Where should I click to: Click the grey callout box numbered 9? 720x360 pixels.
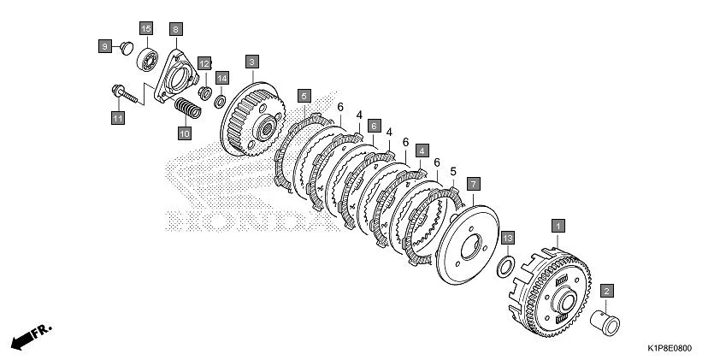(x=105, y=46)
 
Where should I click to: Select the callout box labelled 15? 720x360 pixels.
(x=146, y=29)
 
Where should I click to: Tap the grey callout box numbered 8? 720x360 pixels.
(x=176, y=29)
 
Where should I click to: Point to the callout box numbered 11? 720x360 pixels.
(x=118, y=118)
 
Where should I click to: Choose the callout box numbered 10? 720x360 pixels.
(x=185, y=133)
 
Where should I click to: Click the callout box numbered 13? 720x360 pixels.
(x=507, y=238)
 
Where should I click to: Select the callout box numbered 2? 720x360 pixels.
(x=606, y=290)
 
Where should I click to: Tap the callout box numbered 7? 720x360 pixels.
(x=474, y=185)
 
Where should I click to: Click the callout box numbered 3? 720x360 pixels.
(x=252, y=62)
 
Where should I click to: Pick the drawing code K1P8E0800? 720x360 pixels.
(x=670, y=349)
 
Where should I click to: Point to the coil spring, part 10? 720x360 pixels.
(x=188, y=109)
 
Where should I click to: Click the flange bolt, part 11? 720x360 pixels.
(x=125, y=94)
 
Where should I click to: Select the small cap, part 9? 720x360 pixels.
(x=127, y=48)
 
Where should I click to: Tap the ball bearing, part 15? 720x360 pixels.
(x=147, y=60)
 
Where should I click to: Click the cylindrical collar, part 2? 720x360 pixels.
(x=605, y=322)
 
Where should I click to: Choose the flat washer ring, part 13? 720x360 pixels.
(x=505, y=267)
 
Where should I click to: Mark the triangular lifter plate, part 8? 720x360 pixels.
(x=176, y=77)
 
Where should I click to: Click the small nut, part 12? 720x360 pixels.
(x=204, y=93)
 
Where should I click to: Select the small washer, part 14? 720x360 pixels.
(x=220, y=102)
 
